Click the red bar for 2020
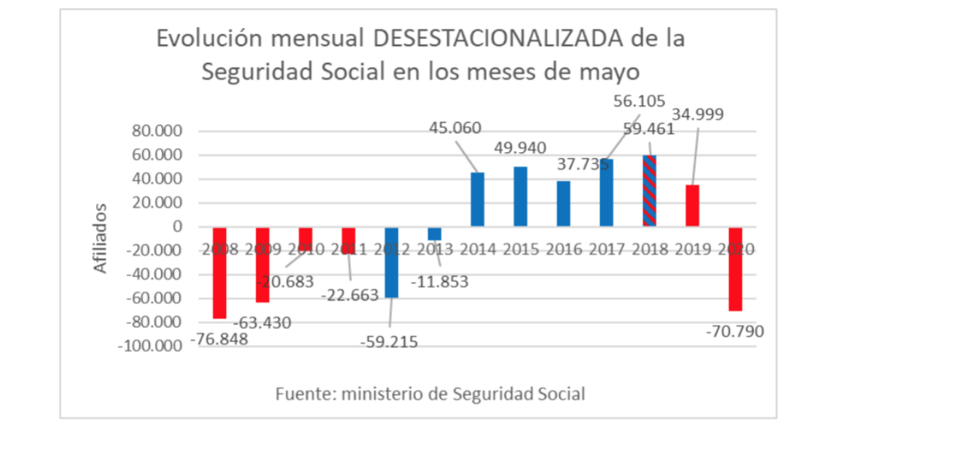click(735, 269)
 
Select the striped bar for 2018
click(649, 191)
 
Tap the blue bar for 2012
click(391, 262)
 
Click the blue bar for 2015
click(520, 197)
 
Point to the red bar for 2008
click(219, 272)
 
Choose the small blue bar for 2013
click(434, 234)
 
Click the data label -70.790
click(735, 332)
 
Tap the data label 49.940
click(521, 148)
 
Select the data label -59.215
click(389, 341)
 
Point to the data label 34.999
click(697, 114)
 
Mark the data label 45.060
click(455, 128)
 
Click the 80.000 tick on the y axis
click(155, 132)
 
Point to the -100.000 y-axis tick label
click(150, 347)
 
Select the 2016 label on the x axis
click(563, 249)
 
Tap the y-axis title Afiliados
click(100, 238)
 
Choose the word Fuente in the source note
click(300, 394)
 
